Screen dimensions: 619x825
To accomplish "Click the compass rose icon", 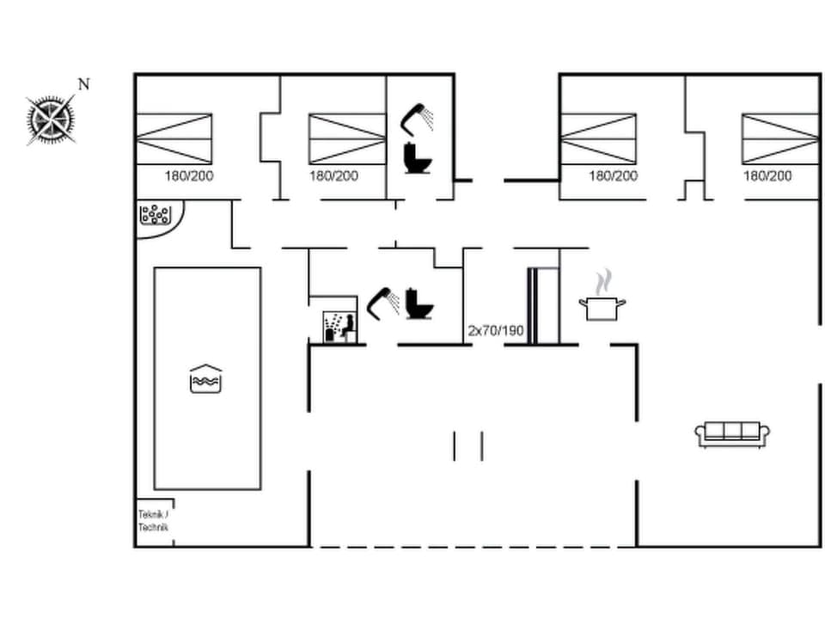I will pos(52,118).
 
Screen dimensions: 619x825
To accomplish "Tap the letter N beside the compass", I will pos(83,84).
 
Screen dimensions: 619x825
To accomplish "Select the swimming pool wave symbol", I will pos(206,378).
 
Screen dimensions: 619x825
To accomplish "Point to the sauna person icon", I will pos(339,327).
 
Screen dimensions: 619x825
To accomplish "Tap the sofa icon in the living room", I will pos(731,434).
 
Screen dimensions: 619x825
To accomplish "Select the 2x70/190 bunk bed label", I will pos(495,330).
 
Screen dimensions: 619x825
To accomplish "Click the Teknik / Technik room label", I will pos(154,521).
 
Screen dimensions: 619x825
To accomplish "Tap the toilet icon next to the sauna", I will pos(419,303).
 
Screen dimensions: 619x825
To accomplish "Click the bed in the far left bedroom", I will pos(174,138).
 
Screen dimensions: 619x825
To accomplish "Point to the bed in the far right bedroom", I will pos(780,138).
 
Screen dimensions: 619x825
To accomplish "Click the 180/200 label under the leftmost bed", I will pos(189,176).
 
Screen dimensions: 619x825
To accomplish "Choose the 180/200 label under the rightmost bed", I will pos(767,176).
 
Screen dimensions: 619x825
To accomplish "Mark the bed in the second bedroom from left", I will pos(347,138).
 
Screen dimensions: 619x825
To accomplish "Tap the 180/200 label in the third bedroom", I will pos(613,176).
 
